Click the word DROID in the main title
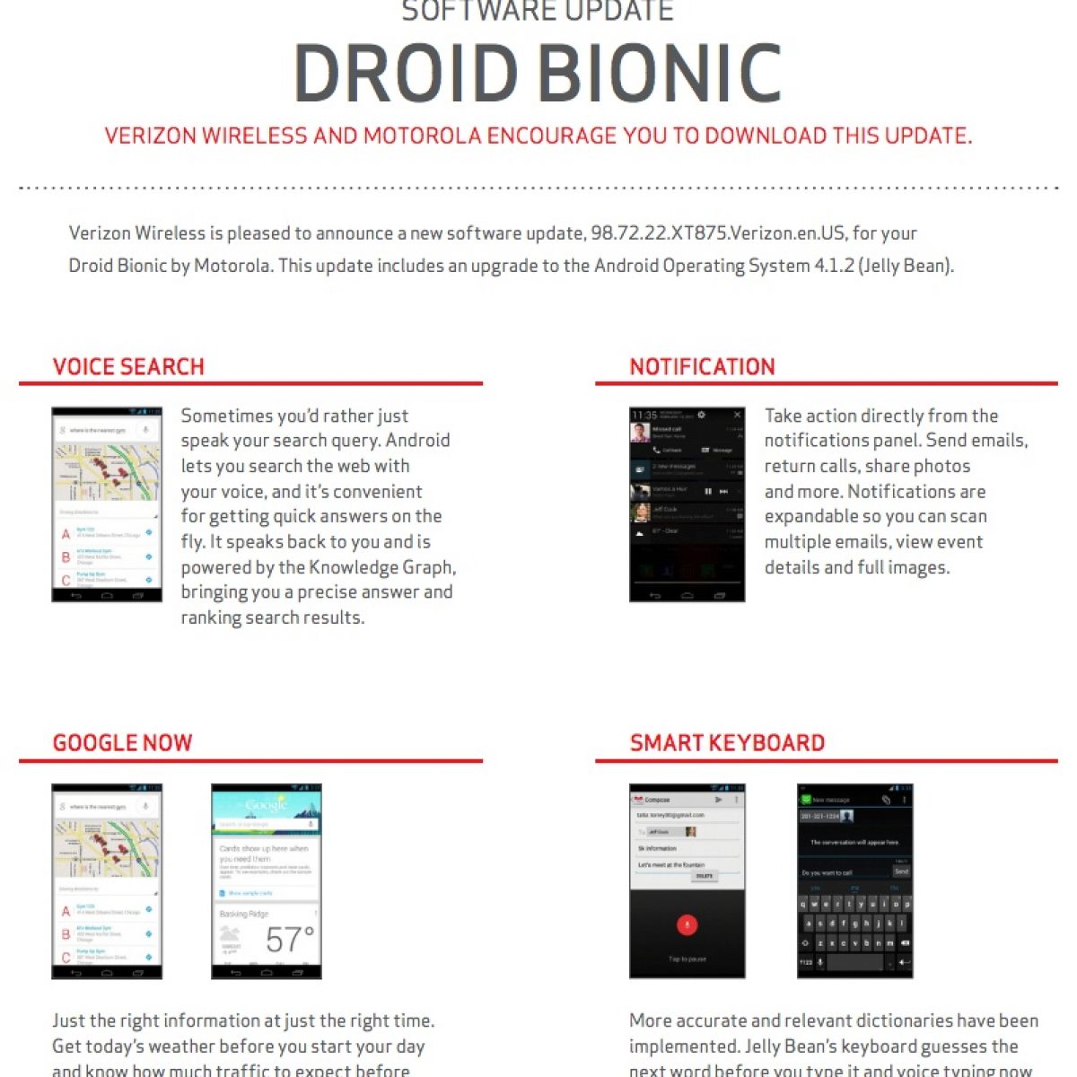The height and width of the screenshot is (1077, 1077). pyautogui.click(x=407, y=74)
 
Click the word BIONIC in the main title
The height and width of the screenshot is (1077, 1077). pyautogui.click(x=660, y=74)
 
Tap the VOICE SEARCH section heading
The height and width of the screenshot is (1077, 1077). pyautogui.click(x=128, y=366)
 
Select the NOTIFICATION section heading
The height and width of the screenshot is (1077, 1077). pyautogui.click(x=702, y=366)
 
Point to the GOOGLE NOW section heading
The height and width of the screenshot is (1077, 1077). pyautogui.click(x=122, y=742)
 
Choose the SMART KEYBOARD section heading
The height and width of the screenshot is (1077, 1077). pyautogui.click(x=727, y=742)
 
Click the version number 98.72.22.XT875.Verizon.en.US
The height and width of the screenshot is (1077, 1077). pyautogui.click(x=718, y=233)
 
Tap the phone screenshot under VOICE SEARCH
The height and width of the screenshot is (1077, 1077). pyautogui.click(x=107, y=503)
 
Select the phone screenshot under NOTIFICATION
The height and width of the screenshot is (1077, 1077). pyautogui.click(x=687, y=503)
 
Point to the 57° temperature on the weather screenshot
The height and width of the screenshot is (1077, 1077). pyautogui.click(x=289, y=940)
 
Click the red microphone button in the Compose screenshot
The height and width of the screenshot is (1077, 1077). pyautogui.click(x=687, y=924)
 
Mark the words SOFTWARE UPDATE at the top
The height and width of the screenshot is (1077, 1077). pyautogui.click(x=537, y=12)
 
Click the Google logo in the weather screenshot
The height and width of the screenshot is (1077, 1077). pyautogui.click(x=266, y=805)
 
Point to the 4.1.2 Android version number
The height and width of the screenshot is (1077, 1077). pyautogui.click(x=835, y=266)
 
